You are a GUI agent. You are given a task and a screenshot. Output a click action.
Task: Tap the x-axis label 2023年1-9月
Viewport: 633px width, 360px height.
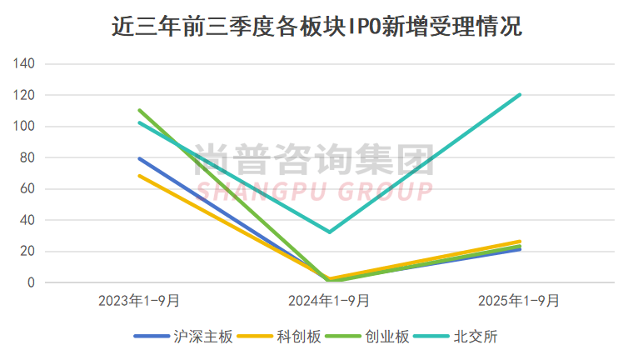[x=139, y=300]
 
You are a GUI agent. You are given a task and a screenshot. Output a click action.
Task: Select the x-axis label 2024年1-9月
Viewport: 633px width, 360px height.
[x=330, y=300]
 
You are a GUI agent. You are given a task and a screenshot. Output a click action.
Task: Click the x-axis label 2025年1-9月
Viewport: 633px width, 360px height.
[x=520, y=300]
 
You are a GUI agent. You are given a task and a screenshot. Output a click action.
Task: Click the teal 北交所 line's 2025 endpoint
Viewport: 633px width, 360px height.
[x=520, y=95]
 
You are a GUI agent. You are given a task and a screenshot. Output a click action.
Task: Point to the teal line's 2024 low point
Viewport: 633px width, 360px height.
[x=330, y=232]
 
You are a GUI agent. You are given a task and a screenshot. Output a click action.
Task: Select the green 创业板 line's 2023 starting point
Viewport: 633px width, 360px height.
[x=139, y=110]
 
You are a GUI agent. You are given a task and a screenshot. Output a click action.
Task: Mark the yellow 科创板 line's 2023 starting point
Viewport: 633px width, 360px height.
[x=139, y=176]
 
